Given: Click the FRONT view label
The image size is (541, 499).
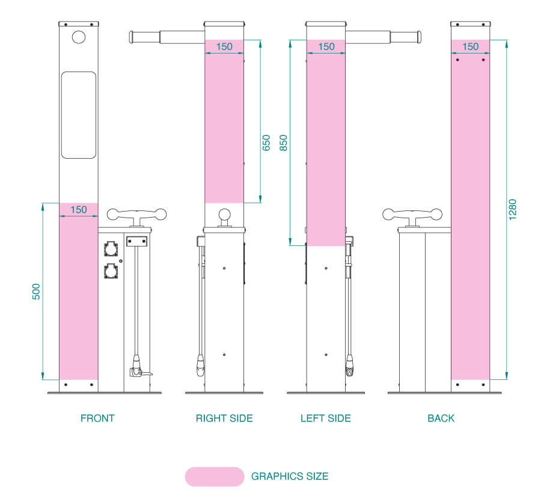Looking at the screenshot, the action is click(x=97, y=418).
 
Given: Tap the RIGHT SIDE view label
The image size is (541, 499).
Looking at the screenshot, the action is click(x=224, y=418).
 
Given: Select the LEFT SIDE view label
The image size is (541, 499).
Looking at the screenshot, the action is click(x=326, y=418).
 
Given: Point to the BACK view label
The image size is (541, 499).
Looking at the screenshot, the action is click(x=441, y=418).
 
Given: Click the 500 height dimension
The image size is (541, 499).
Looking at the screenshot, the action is click(x=36, y=292).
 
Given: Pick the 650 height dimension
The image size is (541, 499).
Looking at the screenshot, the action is click(x=266, y=143).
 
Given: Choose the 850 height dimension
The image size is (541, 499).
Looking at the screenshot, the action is click(x=283, y=143).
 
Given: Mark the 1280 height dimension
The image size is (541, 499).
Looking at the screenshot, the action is click(x=512, y=209).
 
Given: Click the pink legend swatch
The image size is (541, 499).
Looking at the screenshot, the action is click(x=215, y=477).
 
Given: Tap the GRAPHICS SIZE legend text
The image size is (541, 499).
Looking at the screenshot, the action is click(x=290, y=476).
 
